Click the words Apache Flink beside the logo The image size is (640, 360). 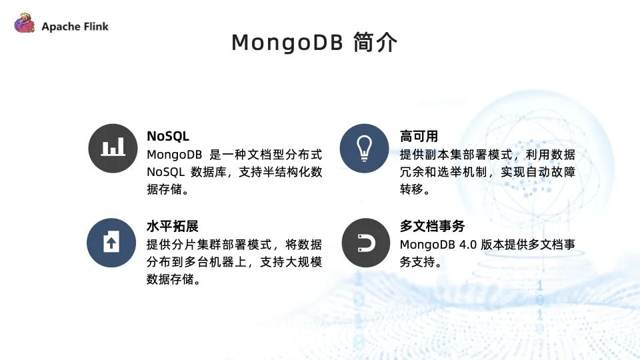[75, 27]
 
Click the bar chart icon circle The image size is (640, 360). [113, 148]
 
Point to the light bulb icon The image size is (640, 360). [364, 148]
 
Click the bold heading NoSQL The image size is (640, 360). [168, 136]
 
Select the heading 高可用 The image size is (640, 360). [419, 136]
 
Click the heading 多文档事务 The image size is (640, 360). [432, 226]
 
